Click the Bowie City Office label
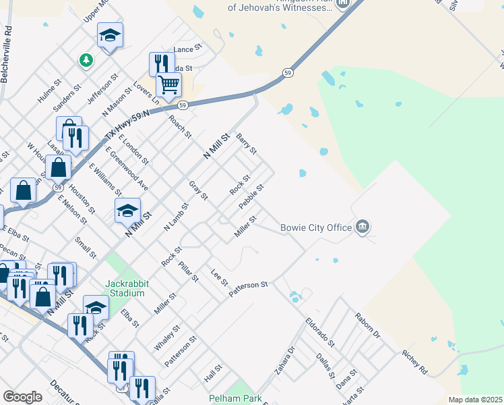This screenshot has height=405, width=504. click(316, 227)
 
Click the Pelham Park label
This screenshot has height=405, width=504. click(235, 398)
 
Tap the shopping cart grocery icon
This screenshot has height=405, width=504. click(168, 86)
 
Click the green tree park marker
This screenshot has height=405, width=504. click(86, 61)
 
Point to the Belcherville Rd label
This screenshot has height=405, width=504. click(7, 55)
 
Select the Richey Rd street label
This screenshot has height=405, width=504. click(414, 362)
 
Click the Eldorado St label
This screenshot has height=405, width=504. click(320, 333)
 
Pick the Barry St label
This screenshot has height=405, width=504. click(247, 144)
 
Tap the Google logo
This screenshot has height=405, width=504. click(22, 397)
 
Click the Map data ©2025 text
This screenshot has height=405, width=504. click(476, 400)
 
